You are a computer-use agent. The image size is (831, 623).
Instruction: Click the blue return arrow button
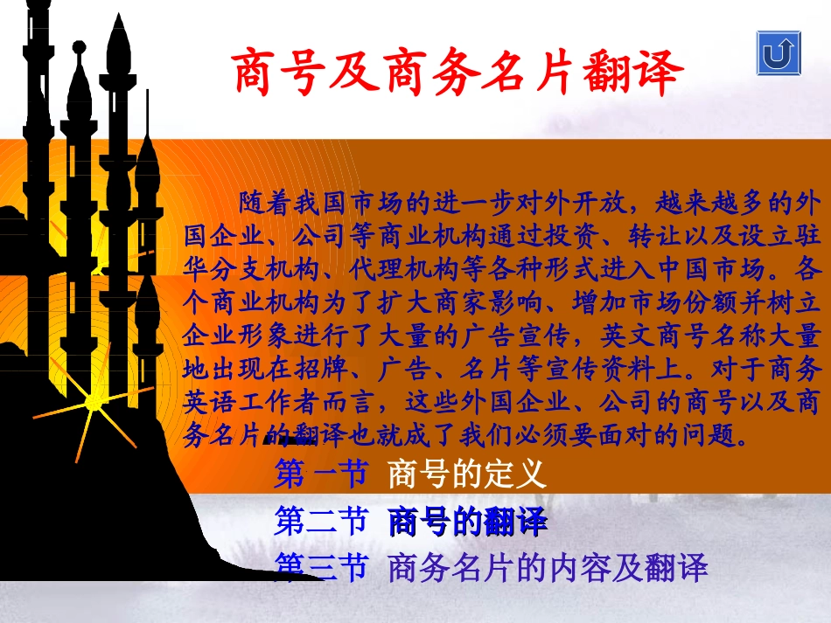point(778,52)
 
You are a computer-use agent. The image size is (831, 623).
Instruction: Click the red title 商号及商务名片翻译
point(456,73)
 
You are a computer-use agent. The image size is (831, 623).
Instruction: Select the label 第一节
point(320,474)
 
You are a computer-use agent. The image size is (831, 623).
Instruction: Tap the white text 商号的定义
point(466,474)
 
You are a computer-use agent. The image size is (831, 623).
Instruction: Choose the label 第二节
point(320,523)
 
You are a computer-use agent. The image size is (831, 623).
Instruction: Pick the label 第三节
point(320,569)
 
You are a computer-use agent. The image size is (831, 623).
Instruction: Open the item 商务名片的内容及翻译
point(547,569)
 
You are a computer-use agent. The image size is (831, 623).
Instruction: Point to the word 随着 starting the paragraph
point(262,204)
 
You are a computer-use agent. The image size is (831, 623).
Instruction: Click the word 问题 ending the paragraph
point(714,433)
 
